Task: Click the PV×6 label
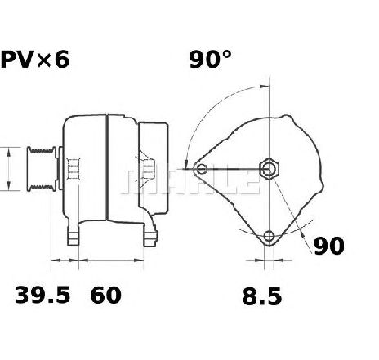(x=35, y=60)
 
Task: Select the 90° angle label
(x=212, y=60)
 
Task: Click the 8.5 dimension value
(x=261, y=296)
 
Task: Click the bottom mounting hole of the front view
(x=269, y=237)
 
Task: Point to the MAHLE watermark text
(x=188, y=181)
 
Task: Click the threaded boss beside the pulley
(x=73, y=171)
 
